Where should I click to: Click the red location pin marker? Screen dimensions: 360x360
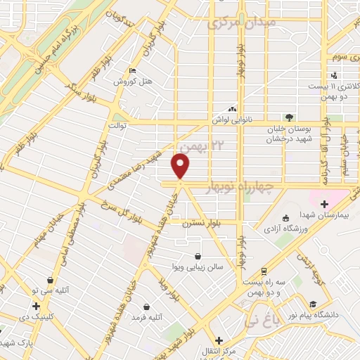(181, 167)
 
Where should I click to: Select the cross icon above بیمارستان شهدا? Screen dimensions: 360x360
(323, 203)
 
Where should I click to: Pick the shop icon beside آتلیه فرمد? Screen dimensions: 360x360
(146, 307)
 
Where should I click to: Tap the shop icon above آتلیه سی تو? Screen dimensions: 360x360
(49, 279)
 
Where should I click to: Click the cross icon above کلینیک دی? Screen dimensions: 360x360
(36, 306)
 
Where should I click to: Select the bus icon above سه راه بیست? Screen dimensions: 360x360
(263, 271)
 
